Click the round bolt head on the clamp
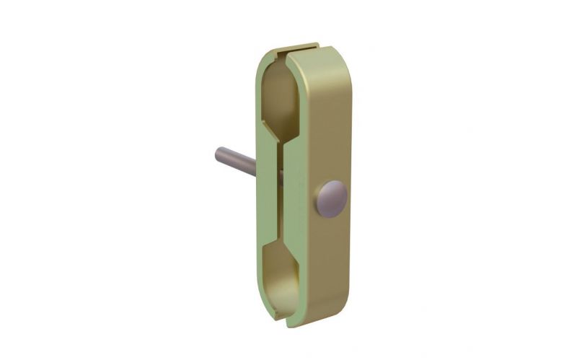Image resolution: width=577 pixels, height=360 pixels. tap(331, 198)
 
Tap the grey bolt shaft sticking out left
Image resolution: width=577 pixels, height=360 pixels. tap(235, 157)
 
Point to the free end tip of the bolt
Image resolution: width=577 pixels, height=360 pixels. tap(219, 153)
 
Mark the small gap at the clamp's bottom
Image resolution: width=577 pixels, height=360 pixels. tap(286, 317)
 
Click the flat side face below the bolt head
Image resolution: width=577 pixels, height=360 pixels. tap(328, 267)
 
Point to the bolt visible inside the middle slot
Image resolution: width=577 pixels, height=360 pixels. tap(281, 173)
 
